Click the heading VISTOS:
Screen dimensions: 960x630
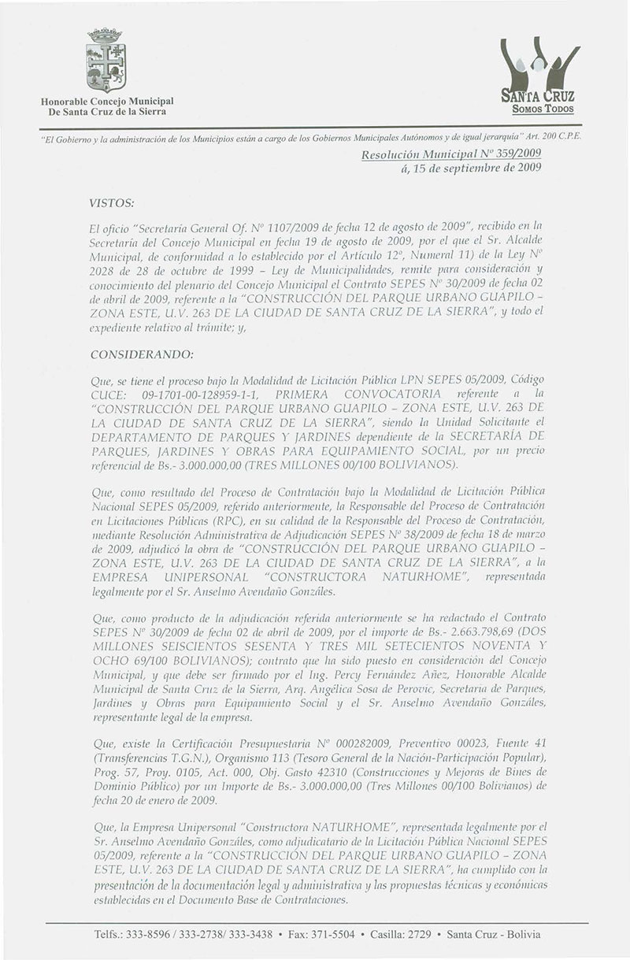pos(113,201)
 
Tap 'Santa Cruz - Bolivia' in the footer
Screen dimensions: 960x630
pos(494,933)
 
